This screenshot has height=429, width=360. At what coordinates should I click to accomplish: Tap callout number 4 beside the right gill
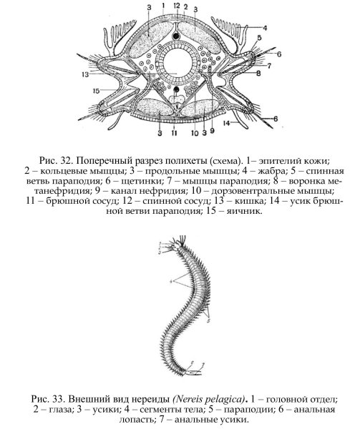tap(265, 29)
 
